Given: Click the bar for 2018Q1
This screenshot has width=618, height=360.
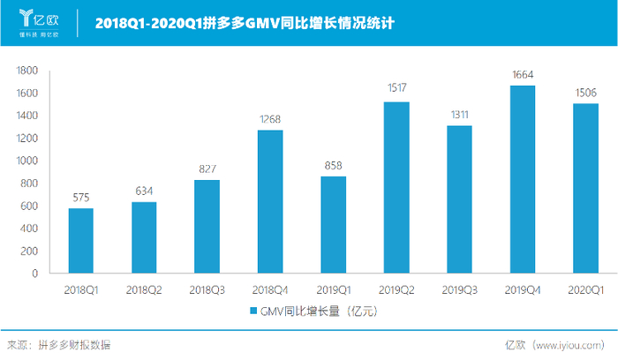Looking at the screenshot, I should [80, 240].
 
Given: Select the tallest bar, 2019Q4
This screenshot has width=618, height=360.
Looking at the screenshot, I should [523, 178].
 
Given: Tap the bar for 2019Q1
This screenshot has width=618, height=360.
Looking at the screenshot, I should [333, 224].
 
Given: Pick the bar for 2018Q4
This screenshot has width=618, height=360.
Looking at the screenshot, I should [270, 201].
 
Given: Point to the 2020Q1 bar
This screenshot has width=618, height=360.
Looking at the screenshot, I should [585, 188].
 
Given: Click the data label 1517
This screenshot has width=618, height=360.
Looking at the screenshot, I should [396, 88].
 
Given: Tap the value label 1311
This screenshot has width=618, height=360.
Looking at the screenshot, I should [459, 112].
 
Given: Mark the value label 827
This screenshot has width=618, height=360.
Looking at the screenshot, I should [207, 167].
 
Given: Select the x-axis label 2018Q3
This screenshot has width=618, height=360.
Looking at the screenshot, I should [207, 289].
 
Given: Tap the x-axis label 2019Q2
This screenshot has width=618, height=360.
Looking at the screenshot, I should [396, 289].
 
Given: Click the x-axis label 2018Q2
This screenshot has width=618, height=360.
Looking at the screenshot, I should [144, 289].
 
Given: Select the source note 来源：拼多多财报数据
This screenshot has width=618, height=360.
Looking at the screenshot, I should [59, 345].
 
